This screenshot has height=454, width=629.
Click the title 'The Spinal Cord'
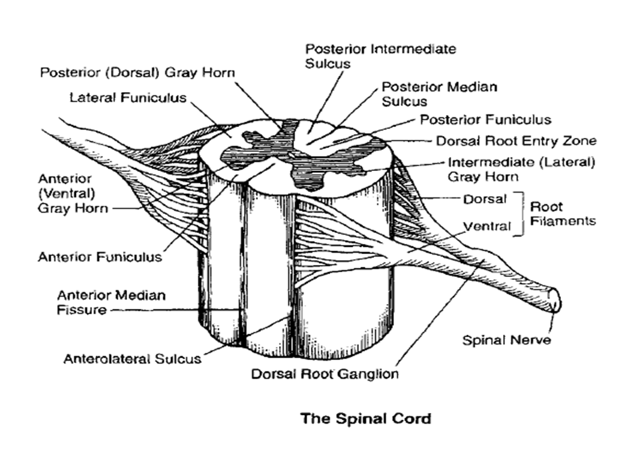(366, 418)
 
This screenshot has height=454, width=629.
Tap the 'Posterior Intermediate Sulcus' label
(380, 55)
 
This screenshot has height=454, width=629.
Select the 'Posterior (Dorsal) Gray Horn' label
(137, 72)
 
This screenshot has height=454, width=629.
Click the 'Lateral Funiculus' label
(128, 97)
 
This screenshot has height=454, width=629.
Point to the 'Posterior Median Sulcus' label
(439, 93)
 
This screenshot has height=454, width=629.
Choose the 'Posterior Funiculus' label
(485, 119)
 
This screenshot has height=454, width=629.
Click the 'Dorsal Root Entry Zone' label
(516, 141)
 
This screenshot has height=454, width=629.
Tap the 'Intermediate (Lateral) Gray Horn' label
(521, 169)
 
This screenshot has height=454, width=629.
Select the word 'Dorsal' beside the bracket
(485, 198)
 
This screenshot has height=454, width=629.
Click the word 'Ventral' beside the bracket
(486, 226)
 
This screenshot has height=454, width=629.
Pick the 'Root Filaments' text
(562, 214)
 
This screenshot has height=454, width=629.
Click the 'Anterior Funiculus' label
(100, 257)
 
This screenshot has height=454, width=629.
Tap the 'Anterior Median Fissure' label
(111, 303)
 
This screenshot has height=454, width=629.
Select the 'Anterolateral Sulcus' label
(132, 359)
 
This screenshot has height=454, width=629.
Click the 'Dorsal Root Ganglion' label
(325, 374)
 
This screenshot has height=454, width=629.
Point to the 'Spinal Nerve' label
(506, 340)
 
